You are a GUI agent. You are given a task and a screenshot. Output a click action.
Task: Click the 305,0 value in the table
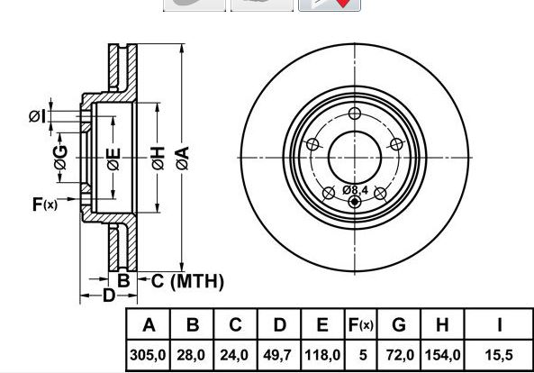[x=148, y=355]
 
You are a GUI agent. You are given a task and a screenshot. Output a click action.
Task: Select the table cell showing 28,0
[x=191, y=355]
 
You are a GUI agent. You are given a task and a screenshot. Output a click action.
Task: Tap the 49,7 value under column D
[x=277, y=355]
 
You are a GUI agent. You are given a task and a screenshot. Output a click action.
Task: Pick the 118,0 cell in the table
[x=322, y=355]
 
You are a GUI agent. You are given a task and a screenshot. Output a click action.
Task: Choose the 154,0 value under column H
[x=442, y=355]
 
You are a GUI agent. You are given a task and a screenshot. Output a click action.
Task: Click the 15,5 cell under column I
[x=499, y=355]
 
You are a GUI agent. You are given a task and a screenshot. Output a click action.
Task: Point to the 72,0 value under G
[x=400, y=355]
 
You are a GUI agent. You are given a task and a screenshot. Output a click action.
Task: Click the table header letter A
[x=149, y=325]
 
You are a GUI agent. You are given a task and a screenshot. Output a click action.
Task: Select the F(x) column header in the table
[x=361, y=325]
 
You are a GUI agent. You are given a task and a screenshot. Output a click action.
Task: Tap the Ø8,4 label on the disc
[x=355, y=190]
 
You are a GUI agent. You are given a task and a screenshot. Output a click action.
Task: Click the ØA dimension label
[x=183, y=158]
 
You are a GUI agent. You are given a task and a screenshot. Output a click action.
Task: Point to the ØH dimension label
[x=158, y=158]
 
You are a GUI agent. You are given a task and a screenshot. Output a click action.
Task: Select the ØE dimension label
[x=113, y=159]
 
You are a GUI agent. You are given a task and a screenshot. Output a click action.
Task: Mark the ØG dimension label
[x=60, y=157]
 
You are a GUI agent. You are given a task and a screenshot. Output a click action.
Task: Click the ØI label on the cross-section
[x=37, y=116]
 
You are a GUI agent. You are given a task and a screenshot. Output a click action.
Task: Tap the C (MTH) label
[x=187, y=281]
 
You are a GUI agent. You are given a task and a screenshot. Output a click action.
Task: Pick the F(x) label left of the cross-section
[x=45, y=205]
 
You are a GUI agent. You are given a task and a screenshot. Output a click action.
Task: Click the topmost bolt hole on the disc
[x=355, y=114]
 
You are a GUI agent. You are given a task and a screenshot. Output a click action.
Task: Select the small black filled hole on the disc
[x=355, y=202]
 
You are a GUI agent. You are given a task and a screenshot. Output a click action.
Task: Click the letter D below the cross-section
[x=109, y=296]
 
